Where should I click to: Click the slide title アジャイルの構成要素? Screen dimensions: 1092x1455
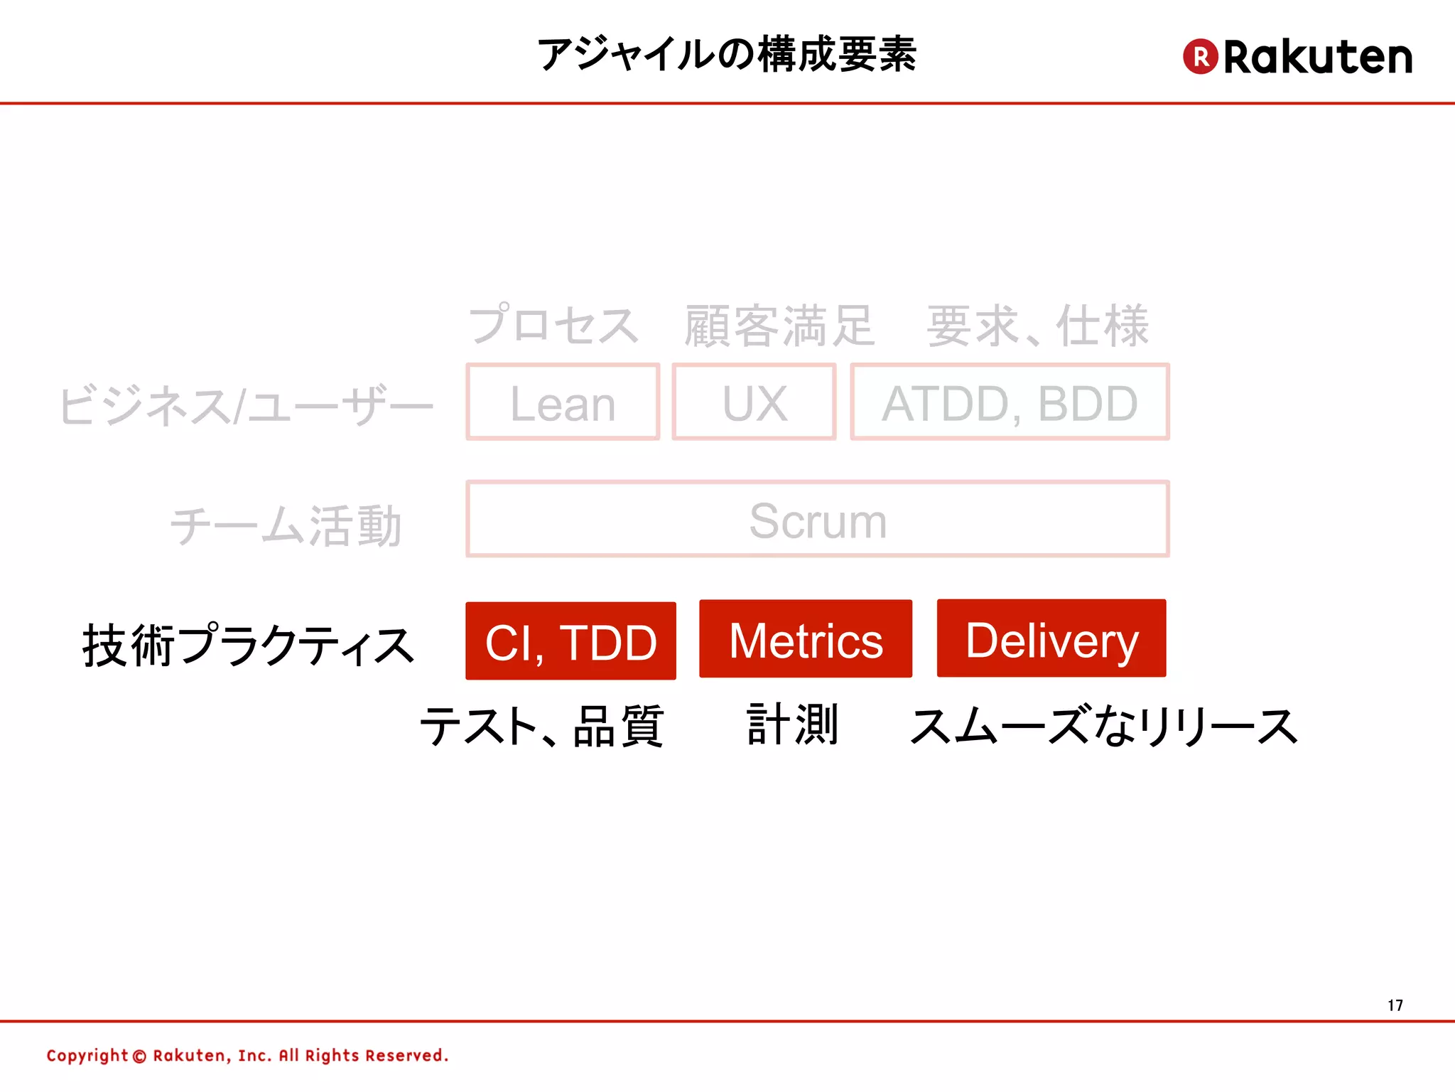point(726,54)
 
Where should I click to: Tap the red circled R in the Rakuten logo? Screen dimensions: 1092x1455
point(1200,57)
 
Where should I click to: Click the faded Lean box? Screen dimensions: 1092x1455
point(563,402)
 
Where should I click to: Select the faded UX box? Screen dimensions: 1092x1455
point(754,402)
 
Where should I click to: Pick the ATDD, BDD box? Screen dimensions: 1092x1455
point(1010,402)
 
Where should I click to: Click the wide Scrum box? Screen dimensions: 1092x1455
point(817,520)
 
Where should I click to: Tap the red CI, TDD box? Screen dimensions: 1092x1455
point(570,641)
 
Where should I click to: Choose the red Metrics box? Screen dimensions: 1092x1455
point(806,639)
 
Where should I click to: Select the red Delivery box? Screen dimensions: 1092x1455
point(1051,638)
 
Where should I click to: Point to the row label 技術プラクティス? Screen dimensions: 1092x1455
point(248,646)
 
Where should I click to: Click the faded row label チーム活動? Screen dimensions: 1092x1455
point(286,526)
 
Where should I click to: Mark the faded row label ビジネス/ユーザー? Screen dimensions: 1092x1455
point(246,405)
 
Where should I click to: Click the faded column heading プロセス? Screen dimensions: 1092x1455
point(553,326)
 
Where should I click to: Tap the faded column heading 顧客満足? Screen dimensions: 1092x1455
point(779,326)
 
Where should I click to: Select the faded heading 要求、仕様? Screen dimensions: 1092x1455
point(1037,326)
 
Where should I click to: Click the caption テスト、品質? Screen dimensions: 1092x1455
point(541,727)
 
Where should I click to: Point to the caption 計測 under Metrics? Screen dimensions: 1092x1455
point(793,724)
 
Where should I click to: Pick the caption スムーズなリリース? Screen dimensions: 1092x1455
point(1104,727)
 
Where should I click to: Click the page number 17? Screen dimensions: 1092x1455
point(1395,1005)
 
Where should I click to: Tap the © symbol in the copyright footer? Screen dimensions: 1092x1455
point(139,1056)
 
